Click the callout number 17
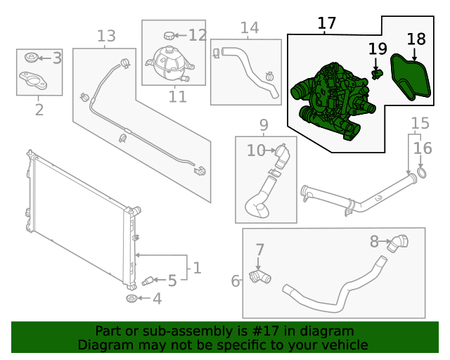(x=327, y=23)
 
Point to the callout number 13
(x=105, y=36)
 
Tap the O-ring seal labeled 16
(x=421, y=172)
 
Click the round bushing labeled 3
(x=30, y=58)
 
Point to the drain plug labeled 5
(x=148, y=281)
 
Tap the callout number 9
(x=264, y=125)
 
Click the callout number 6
(x=236, y=281)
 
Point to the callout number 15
(x=420, y=124)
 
